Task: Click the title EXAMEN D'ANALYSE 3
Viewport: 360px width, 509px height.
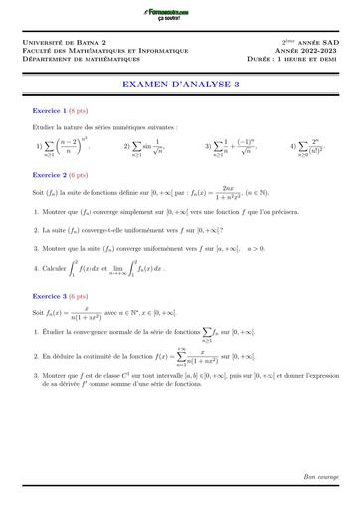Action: [180, 86]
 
